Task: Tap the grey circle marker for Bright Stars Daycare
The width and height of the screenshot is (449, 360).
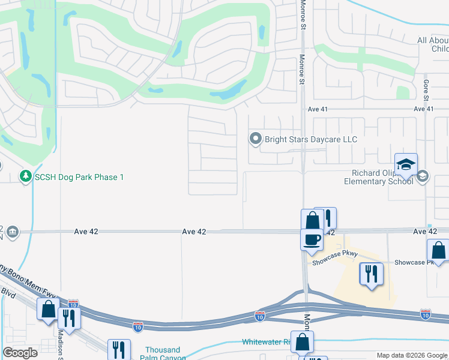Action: [x=256, y=139]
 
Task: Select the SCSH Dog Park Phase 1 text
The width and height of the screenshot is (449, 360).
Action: [x=79, y=177]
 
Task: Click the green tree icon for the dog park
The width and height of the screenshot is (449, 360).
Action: [x=25, y=177]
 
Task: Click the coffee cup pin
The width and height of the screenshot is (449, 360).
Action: [x=312, y=239]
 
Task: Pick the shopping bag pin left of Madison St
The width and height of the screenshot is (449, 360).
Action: [x=48, y=310]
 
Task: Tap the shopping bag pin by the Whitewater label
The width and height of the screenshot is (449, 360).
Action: [x=302, y=343]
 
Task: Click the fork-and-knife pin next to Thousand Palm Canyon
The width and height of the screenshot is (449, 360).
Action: [x=119, y=350]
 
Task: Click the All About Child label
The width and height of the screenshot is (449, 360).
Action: [x=433, y=44]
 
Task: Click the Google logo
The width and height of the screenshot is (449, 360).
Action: [x=20, y=353]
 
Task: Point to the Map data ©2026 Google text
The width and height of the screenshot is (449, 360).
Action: [x=412, y=356]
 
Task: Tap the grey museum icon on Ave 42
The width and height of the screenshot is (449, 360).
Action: [x=12, y=232]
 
